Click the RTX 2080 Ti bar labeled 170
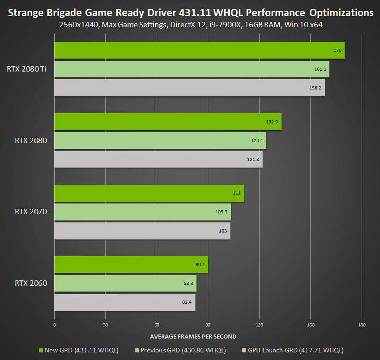tap(199, 50)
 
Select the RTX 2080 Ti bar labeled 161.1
tap(192, 69)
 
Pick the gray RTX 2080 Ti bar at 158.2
tap(189, 88)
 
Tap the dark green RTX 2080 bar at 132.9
tap(168, 122)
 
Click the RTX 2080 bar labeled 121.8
tap(158, 159)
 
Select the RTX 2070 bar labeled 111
tap(149, 193)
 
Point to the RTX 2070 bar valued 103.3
tap(142, 212)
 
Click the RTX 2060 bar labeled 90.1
tap(131, 265)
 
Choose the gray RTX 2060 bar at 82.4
tap(125, 302)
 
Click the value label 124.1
tap(257, 140)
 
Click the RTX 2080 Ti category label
tap(26, 69)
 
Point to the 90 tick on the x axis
tap(208, 325)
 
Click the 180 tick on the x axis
tap(362, 325)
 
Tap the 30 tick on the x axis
tap(106, 325)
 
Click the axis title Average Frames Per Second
tap(193, 336)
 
